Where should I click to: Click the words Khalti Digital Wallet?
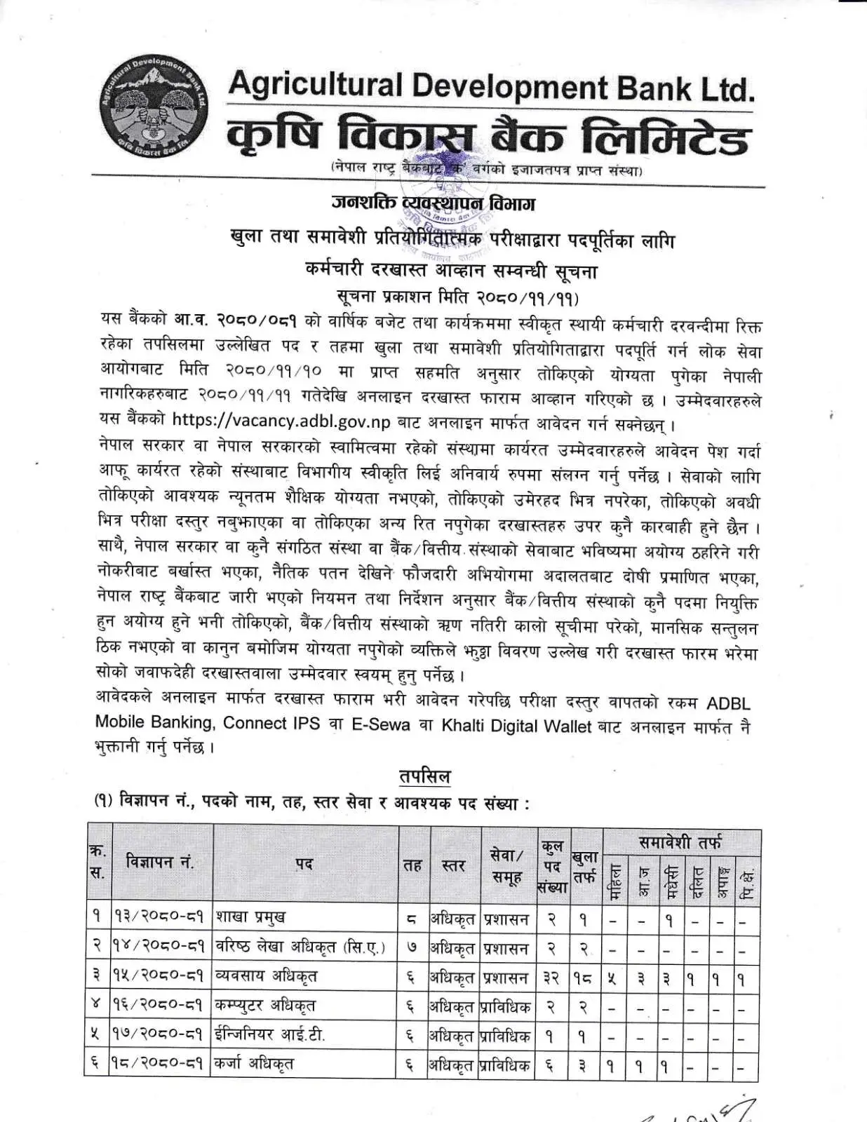point(517,726)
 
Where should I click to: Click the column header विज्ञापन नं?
point(161,862)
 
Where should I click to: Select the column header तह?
point(412,865)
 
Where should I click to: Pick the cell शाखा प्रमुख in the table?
point(251,917)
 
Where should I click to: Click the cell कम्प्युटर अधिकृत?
point(266,1005)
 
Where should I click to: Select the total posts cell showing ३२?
point(551,977)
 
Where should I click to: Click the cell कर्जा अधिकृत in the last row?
point(255,1064)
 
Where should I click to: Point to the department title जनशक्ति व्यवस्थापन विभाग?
point(433,203)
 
